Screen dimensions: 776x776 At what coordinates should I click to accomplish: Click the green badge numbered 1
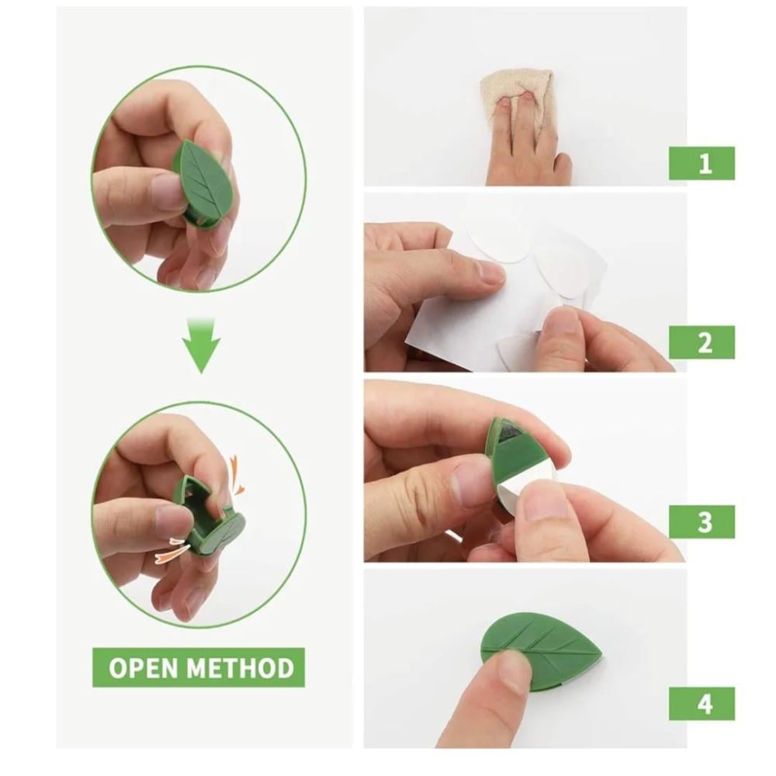pos(702,163)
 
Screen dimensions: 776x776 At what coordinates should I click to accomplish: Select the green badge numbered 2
pos(702,342)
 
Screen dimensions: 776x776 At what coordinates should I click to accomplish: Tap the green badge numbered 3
pos(702,521)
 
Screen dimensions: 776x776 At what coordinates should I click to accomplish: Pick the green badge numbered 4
pos(702,703)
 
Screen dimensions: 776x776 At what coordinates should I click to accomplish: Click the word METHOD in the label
pos(241,667)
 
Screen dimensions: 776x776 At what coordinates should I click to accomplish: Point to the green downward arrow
pos(201,345)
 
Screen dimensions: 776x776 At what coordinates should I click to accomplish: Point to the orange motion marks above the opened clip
pos(236,476)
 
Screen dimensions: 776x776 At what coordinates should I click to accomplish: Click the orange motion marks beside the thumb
pos(171,549)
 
